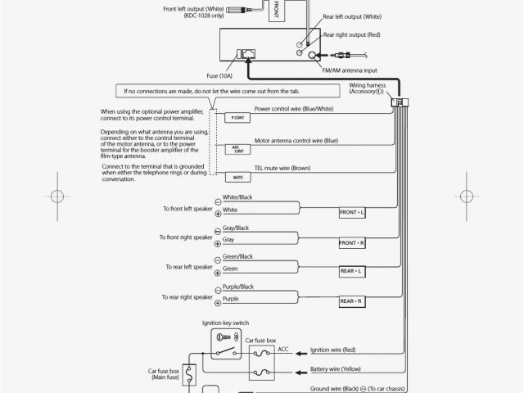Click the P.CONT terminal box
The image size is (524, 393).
(x=238, y=119)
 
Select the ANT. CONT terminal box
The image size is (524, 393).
(x=238, y=149)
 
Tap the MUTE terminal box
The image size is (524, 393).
(x=238, y=177)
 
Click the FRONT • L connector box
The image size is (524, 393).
(x=352, y=212)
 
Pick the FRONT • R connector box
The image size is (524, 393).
(x=352, y=243)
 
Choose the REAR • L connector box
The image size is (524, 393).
(x=352, y=271)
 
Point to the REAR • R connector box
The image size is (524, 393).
(x=352, y=301)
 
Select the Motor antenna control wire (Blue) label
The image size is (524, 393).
(x=296, y=140)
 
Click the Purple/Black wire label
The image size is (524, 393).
(x=238, y=287)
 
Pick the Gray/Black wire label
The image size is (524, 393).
(x=236, y=227)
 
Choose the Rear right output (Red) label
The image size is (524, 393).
(x=352, y=35)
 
